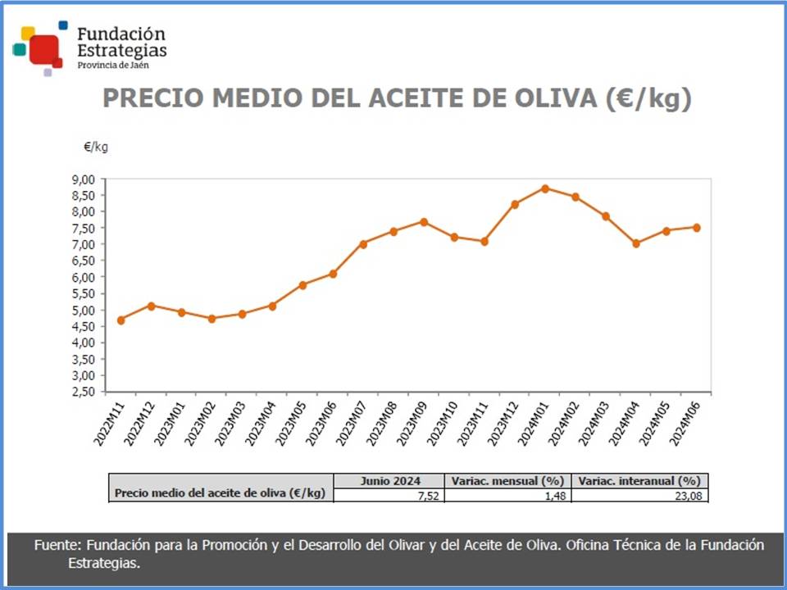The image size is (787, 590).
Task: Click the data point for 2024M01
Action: [545, 188]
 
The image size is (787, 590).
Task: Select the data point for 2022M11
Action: [121, 320]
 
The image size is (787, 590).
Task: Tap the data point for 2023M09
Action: [424, 222]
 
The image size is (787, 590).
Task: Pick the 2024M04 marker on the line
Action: [636, 243]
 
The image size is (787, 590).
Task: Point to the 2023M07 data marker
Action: [363, 243]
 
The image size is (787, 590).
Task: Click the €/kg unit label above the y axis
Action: [95, 147]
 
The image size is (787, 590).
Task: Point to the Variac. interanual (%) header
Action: [639, 481]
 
